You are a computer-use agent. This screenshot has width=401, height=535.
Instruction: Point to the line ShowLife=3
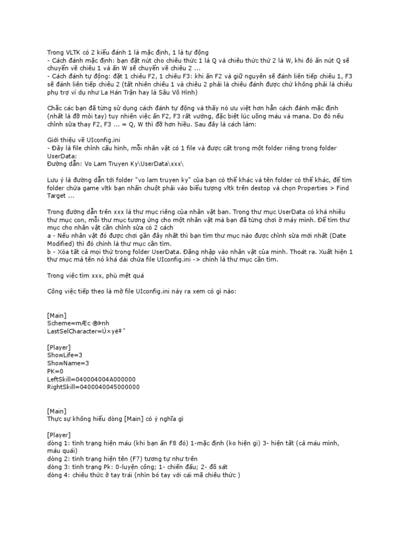click(65, 355)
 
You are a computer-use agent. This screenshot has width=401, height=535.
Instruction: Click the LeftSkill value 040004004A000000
click(107, 379)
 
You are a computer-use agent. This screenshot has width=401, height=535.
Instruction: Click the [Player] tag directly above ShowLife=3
click(58, 346)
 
